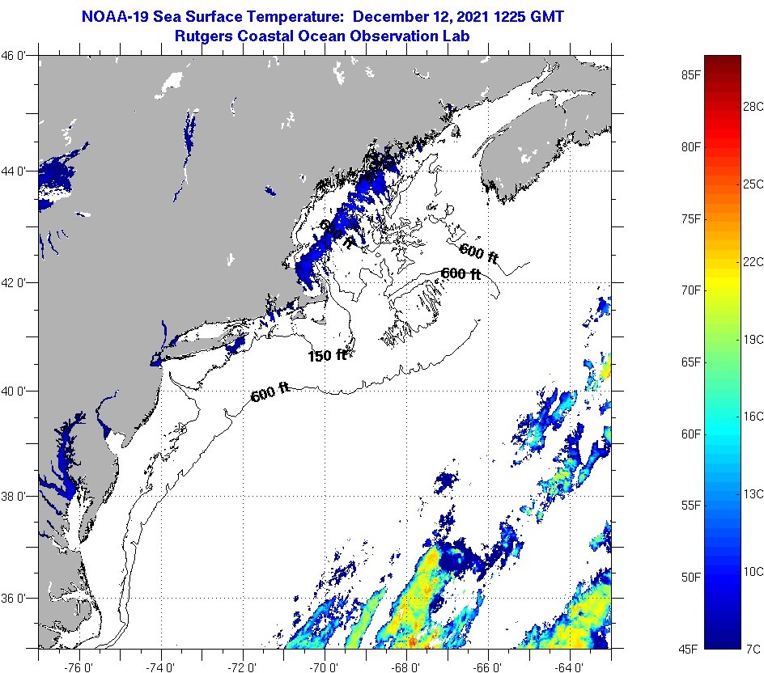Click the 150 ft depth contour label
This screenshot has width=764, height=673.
coord(327,355)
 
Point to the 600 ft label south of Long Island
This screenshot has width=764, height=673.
coord(270,394)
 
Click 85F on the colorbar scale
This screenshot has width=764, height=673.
coord(690,75)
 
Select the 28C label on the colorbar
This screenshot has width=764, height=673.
coord(753,106)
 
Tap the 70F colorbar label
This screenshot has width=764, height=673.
coord(690,290)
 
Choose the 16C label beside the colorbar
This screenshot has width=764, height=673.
coord(753,416)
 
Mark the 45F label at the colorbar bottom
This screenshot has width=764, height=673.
coord(690,649)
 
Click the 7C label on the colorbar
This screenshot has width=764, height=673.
coord(753,649)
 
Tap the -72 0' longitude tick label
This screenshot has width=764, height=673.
coord(243,665)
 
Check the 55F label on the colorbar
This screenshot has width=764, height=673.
coord(690,506)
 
